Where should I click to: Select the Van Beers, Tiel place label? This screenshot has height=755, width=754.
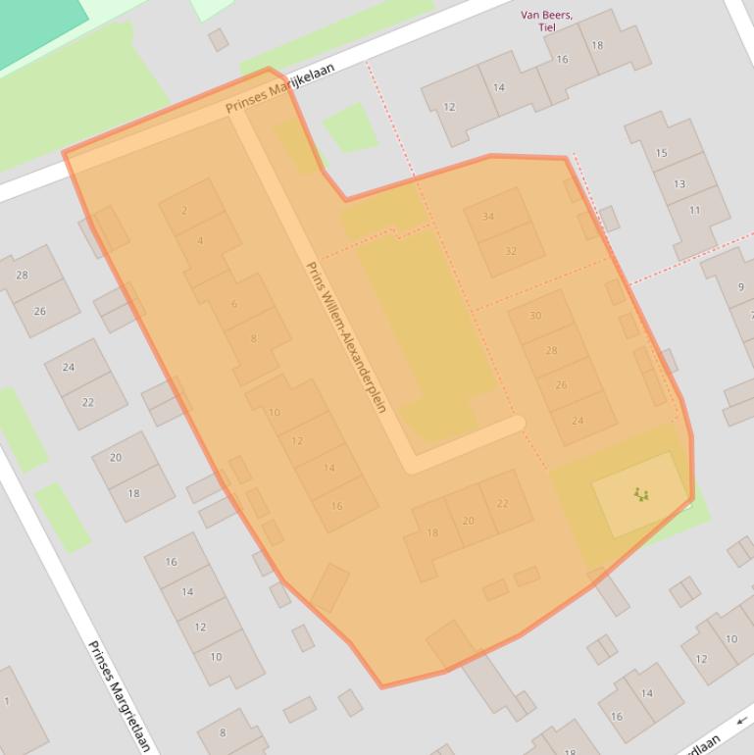[x=547, y=21]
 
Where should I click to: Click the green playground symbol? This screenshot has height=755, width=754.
[x=641, y=494]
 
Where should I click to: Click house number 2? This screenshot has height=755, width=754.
[x=184, y=210]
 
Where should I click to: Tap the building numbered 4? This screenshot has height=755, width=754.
[x=200, y=241]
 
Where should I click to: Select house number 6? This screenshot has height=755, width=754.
[x=233, y=304]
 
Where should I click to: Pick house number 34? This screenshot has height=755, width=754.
[x=488, y=217]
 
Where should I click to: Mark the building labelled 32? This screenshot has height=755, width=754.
[x=511, y=251]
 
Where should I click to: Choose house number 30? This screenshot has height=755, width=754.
[x=535, y=316]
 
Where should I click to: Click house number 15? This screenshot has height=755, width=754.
[x=661, y=153]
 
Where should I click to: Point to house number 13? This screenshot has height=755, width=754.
[x=679, y=183]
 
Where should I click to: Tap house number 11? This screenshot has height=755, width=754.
[x=694, y=210]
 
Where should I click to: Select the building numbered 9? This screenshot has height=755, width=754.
[x=740, y=286]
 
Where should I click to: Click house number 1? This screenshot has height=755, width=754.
[x=7, y=700]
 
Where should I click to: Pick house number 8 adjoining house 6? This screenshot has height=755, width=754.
[x=253, y=339]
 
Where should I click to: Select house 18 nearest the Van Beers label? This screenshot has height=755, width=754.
[x=597, y=45]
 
